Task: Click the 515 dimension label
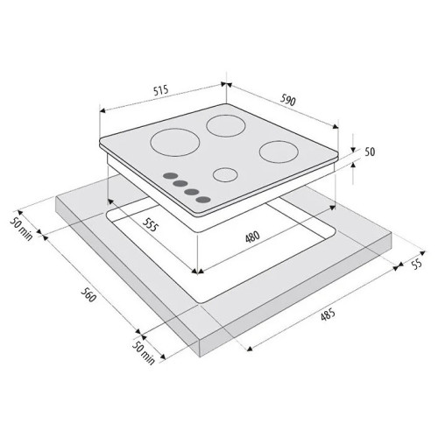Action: (161, 90)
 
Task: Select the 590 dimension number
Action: (288, 100)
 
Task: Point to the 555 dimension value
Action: (151, 224)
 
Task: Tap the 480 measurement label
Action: (252, 237)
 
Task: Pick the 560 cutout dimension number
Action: (88, 294)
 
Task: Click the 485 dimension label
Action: (328, 315)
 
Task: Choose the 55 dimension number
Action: (416, 264)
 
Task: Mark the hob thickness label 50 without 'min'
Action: (370, 152)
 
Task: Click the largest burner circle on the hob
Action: (175, 142)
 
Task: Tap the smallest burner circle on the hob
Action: (225, 175)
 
